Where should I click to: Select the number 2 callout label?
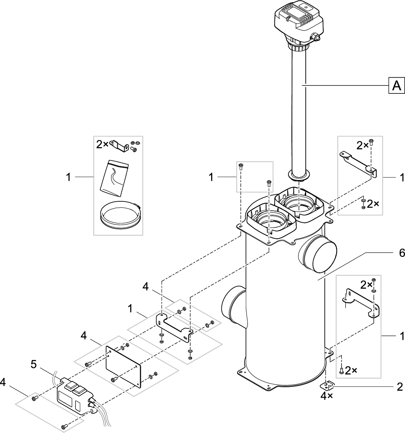pos(399,387)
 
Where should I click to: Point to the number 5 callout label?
pos(34,364)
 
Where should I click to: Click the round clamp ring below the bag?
pos(119,216)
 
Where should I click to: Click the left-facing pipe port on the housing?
pos(232,305)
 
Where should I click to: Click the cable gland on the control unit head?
pos(317,37)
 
